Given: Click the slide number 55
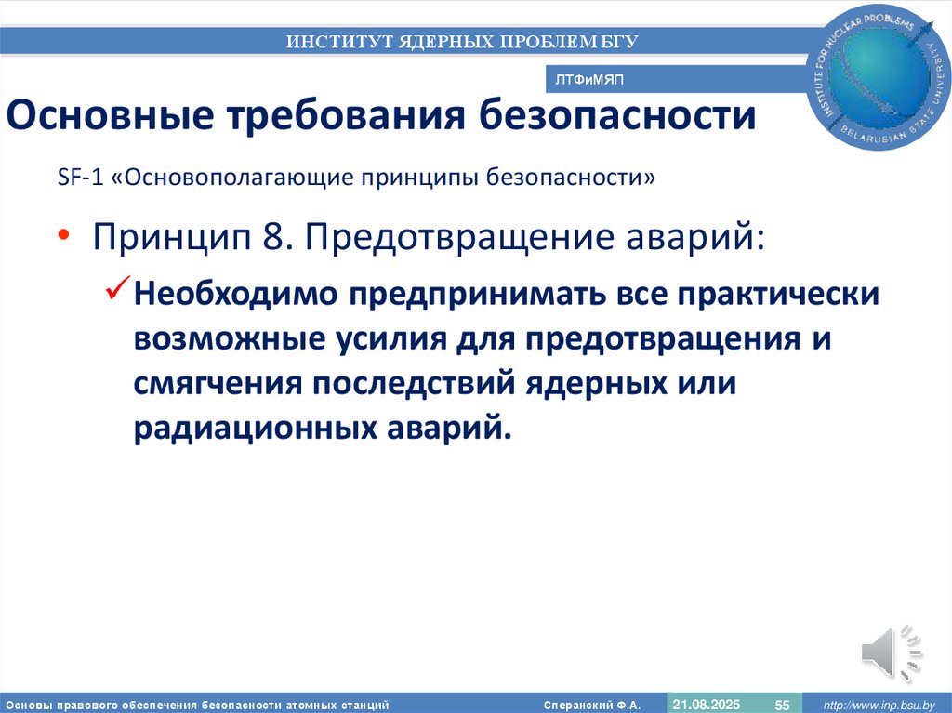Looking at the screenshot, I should coord(782,705).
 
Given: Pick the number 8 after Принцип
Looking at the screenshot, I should coord(272,238).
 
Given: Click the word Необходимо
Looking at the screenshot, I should coord(236,295).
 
